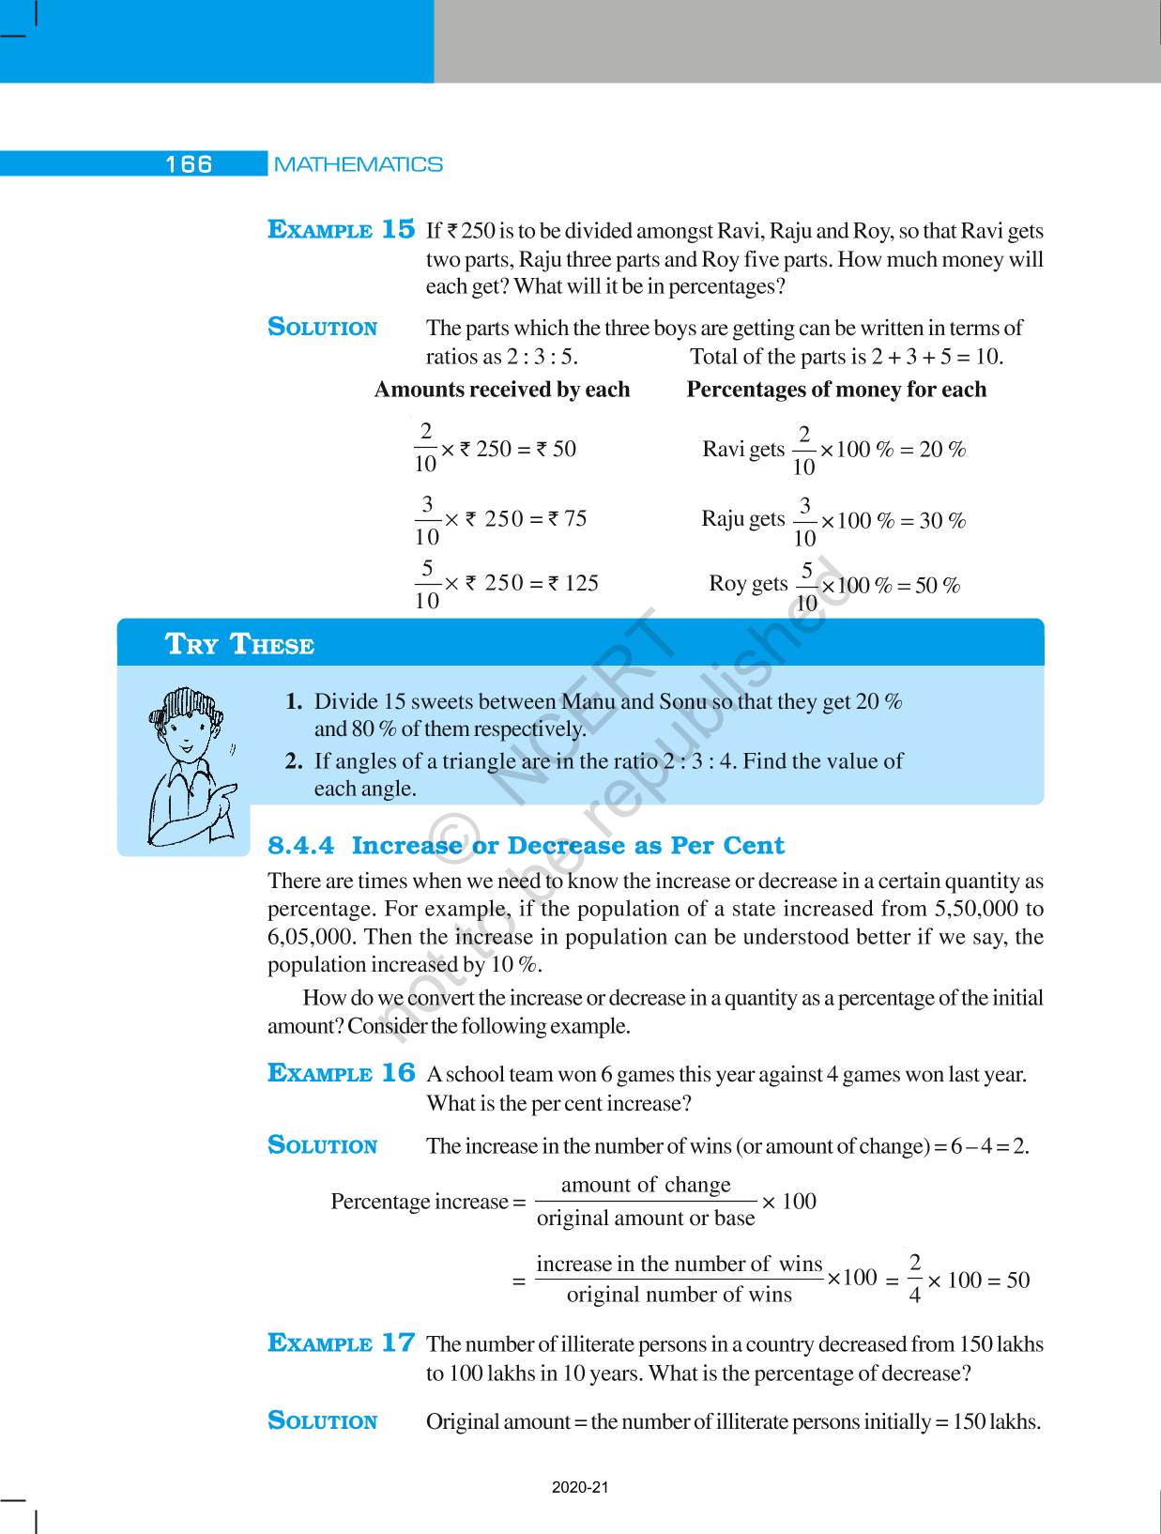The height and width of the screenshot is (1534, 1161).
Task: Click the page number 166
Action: [x=189, y=164]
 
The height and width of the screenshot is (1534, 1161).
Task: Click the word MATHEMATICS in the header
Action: [x=359, y=164]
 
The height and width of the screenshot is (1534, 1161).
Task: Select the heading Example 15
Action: [x=341, y=230]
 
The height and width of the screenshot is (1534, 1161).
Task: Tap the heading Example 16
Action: [x=341, y=1073]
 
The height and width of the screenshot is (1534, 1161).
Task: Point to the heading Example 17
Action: [x=341, y=1343]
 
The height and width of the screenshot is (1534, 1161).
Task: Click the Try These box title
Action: [x=239, y=645]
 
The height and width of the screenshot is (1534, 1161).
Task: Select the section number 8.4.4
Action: [x=300, y=846]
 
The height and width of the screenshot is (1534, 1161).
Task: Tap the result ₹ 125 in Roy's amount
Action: [x=573, y=583]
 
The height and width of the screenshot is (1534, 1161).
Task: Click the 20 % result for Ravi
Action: [x=942, y=450]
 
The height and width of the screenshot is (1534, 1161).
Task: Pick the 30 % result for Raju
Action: [x=942, y=521]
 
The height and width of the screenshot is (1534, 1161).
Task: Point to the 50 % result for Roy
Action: [x=937, y=586]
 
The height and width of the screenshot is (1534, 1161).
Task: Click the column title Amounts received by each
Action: [x=502, y=390]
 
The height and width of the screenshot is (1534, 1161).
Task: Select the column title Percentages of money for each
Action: [x=836, y=390]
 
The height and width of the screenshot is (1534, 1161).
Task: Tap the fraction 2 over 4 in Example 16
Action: [x=915, y=1279]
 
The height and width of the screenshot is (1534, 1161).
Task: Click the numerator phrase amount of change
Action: [x=646, y=1185]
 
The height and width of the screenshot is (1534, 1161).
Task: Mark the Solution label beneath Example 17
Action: [x=322, y=1420]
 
